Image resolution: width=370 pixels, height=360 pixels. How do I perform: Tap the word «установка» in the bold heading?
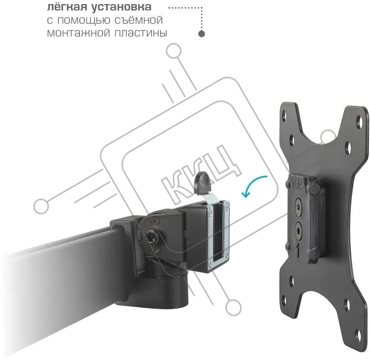[121, 7]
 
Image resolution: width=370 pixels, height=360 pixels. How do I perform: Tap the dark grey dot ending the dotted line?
[201, 34]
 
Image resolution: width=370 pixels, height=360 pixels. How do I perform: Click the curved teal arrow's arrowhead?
[245, 194]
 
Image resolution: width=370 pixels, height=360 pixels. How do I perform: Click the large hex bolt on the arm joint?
[150, 236]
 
